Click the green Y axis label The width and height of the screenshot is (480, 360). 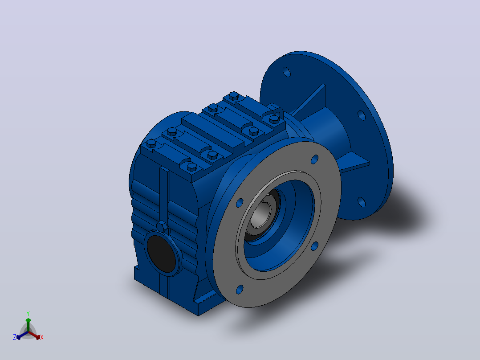pos(28,313)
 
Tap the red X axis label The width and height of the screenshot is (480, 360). pos(42,337)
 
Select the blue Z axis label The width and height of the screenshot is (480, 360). pos(15,337)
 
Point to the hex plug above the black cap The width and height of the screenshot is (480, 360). pos(162,227)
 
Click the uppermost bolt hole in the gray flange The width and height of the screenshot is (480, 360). pos(314,160)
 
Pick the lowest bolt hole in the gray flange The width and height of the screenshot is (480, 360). pos(240,290)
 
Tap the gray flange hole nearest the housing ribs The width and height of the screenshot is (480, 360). pos(240,203)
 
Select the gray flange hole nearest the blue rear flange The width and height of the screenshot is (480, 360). pos(314,246)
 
